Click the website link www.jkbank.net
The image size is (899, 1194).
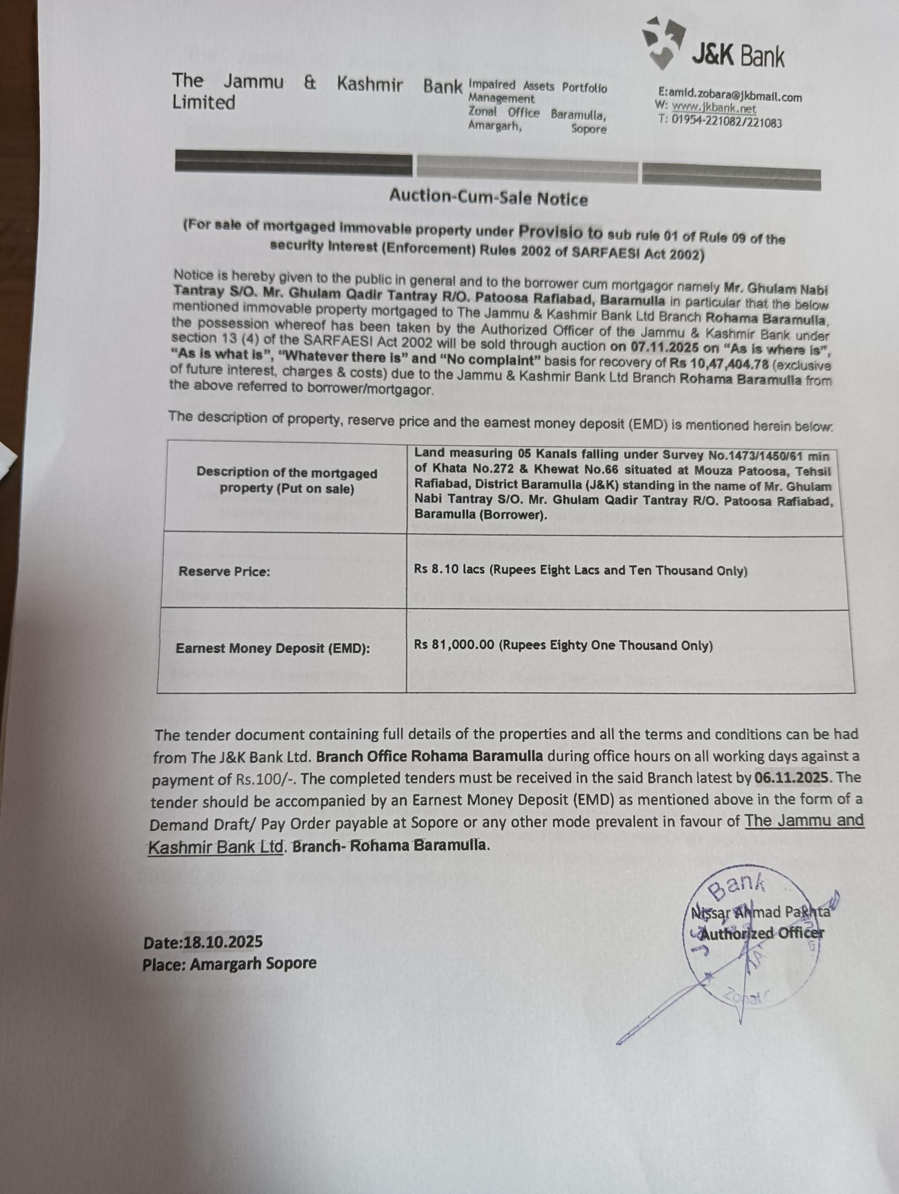(713, 108)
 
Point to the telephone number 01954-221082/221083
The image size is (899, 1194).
(726, 122)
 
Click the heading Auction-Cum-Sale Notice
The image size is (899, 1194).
(488, 198)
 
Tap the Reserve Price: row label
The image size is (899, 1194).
(224, 571)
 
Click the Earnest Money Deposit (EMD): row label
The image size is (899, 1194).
(272, 649)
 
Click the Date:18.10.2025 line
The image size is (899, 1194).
(203, 942)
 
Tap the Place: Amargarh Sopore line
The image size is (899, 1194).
(229, 963)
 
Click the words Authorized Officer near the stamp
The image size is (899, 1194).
(762, 934)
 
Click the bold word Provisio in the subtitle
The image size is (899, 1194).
(560, 232)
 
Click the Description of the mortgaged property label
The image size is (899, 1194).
(286, 480)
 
